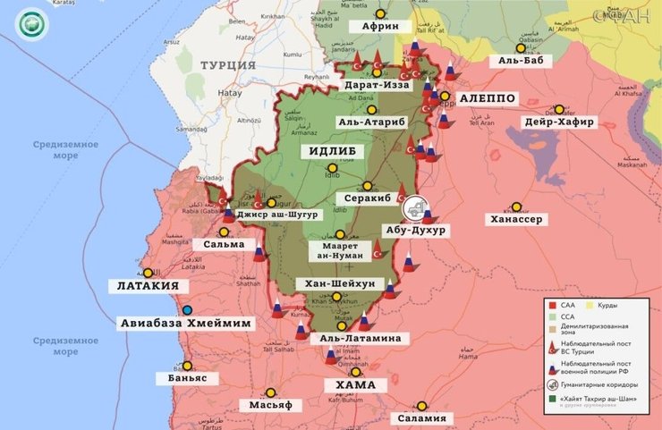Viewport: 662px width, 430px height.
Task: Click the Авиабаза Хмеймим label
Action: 186,323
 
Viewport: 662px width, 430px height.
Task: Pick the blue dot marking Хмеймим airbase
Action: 187,310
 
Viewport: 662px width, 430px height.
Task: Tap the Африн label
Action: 379,27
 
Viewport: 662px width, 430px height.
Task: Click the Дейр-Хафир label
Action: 559,122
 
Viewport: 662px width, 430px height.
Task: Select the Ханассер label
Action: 514,219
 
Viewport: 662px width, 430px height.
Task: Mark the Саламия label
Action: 422,418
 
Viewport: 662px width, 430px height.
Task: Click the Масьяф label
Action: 271,405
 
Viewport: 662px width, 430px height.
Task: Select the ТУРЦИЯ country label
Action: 228,65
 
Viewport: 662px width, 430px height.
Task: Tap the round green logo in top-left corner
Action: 31,21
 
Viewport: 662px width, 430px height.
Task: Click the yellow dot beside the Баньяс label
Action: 187,365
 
